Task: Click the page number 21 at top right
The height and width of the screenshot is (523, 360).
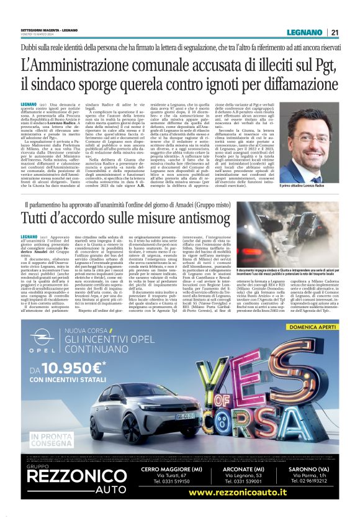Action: (335, 33)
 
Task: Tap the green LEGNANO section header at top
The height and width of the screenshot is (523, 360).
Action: (305, 33)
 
